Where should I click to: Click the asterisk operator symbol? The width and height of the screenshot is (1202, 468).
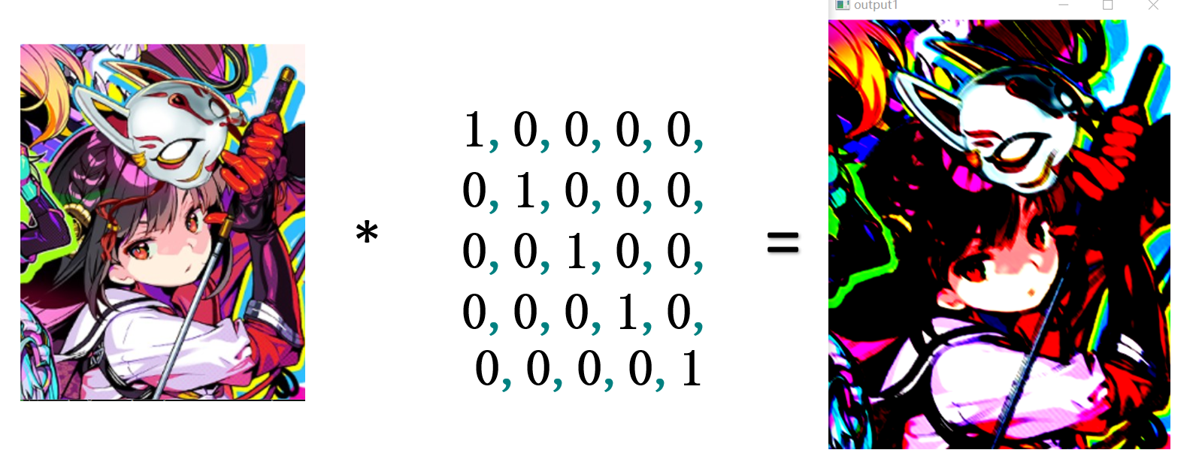tap(367, 231)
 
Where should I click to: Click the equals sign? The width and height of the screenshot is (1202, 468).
tap(783, 243)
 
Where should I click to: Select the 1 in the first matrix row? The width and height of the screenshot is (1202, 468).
tap(474, 130)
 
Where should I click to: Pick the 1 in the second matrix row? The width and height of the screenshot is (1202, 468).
tap(525, 191)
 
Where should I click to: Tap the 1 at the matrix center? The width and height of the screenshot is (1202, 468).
tap(576, 251)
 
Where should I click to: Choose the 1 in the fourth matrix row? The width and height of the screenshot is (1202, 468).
tap(627, 312)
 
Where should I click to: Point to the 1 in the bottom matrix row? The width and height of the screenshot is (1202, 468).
tap(691, 370)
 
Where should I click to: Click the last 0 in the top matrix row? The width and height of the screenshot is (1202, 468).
tap(679, 130)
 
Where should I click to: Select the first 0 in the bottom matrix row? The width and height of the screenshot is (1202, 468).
tap(487, 370)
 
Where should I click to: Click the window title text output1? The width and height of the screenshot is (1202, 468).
tap(876, 5)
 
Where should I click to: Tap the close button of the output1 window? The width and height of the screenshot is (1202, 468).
tap(1153, 5)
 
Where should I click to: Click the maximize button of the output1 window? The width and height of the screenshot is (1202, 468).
tap(1107, 5)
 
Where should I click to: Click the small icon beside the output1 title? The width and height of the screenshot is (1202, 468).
tap(843, 5)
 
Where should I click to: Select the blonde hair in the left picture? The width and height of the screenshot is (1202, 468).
tap(41, 83)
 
